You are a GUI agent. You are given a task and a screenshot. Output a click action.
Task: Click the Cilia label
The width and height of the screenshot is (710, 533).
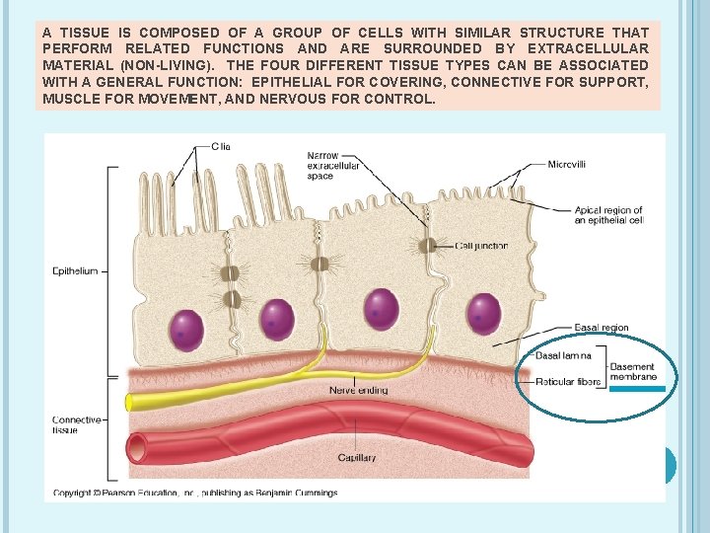(x=221, y=146)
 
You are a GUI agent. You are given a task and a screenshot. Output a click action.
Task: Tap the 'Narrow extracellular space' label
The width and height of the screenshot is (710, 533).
(x=333, y=165)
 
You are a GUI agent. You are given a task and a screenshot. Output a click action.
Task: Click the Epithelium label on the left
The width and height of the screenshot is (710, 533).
(x=75, y=271)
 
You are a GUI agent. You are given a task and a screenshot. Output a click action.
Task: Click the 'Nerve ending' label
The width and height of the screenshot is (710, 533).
(x=359, y=391)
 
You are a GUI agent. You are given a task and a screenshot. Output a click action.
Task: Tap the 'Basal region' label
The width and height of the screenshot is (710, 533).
(x=602, y=329)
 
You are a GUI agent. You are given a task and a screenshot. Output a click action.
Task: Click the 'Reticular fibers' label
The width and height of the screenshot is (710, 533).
(x=569, y=382)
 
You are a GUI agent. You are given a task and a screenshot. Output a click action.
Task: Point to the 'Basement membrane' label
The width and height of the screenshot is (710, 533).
(x=632, y=372)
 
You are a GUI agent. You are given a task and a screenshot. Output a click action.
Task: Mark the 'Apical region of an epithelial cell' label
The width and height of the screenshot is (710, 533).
(x=608, y=215)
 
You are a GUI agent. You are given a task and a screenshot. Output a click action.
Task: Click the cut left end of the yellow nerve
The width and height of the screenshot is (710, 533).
(x=129, y=402)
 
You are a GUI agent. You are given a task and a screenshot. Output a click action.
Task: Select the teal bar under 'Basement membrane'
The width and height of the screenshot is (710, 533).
(x=637, y=390)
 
